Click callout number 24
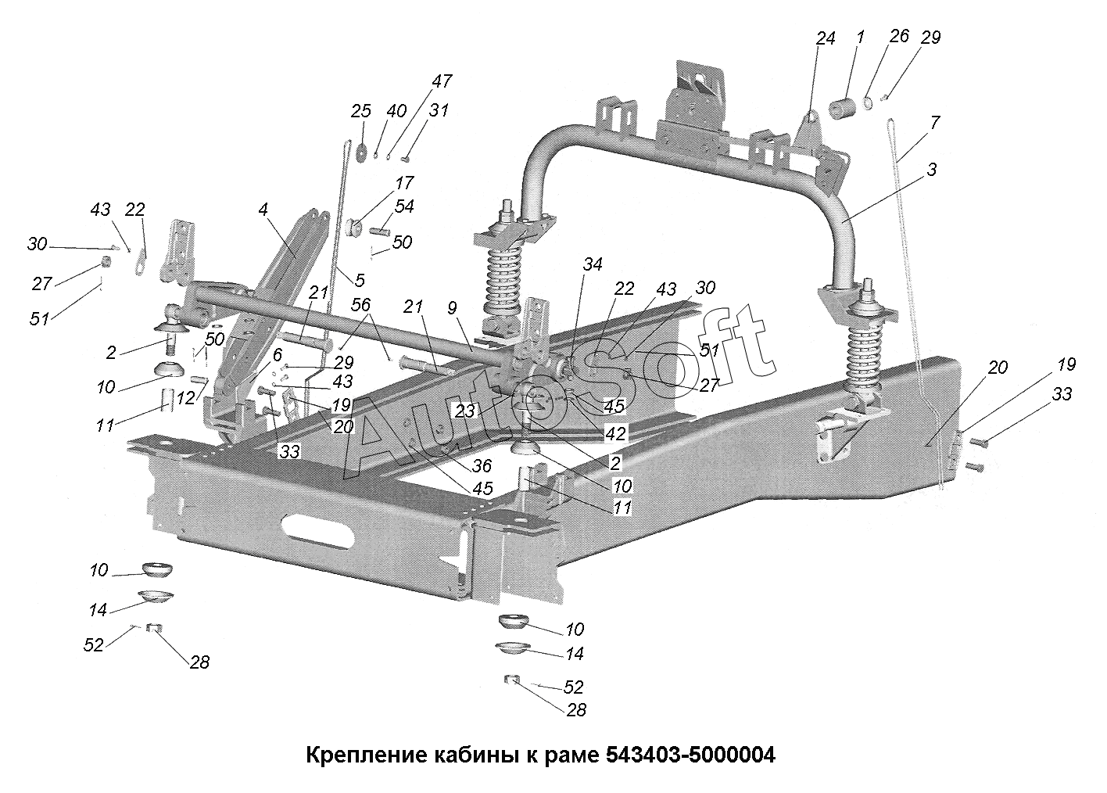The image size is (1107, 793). pyautogui.click(x=826, y=38)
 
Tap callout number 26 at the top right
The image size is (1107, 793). pyautogui.click(x=900, y=36)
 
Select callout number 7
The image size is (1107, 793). pyautogui.click(x=935, y=123)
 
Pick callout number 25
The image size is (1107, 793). pyautogui.click(x=360, y=111)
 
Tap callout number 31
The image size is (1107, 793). pyautogui.click(x=439, y=110)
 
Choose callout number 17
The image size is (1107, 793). pyautogui.click(x=404, y=183)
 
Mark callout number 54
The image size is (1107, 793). pyautogui.click(x=404, y=206)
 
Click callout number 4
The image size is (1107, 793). pyautogui.click(x=263, y=210)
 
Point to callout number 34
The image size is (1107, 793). pyautogui.click(x=592, y=265)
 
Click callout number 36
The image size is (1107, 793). pyautogui.click(x=482, y=466)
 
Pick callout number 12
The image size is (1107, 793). pyautogui.click(x=184, y=398)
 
